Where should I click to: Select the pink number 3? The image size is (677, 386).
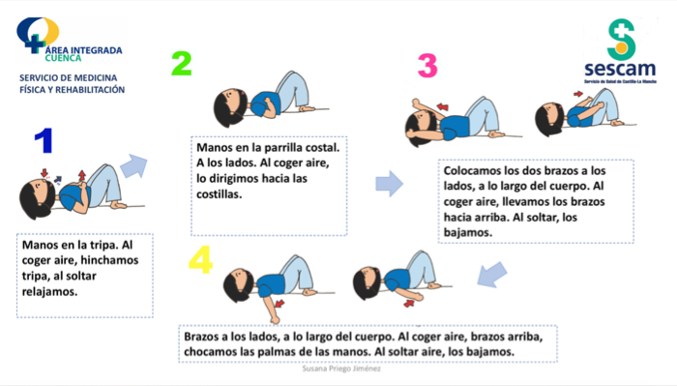tap(427, 66)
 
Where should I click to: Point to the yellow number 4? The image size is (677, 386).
tap(200, 261)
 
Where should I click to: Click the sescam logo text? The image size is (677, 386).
tap(620, 69)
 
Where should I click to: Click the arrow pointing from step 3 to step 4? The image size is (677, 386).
tap(492, 276)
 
